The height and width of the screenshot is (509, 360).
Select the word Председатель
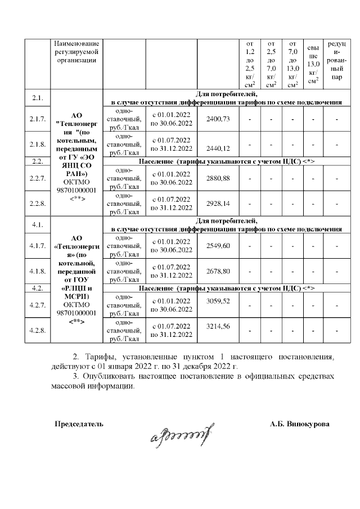tap(79, 423)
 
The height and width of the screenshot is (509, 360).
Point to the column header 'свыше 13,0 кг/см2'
tap(313, 64)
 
